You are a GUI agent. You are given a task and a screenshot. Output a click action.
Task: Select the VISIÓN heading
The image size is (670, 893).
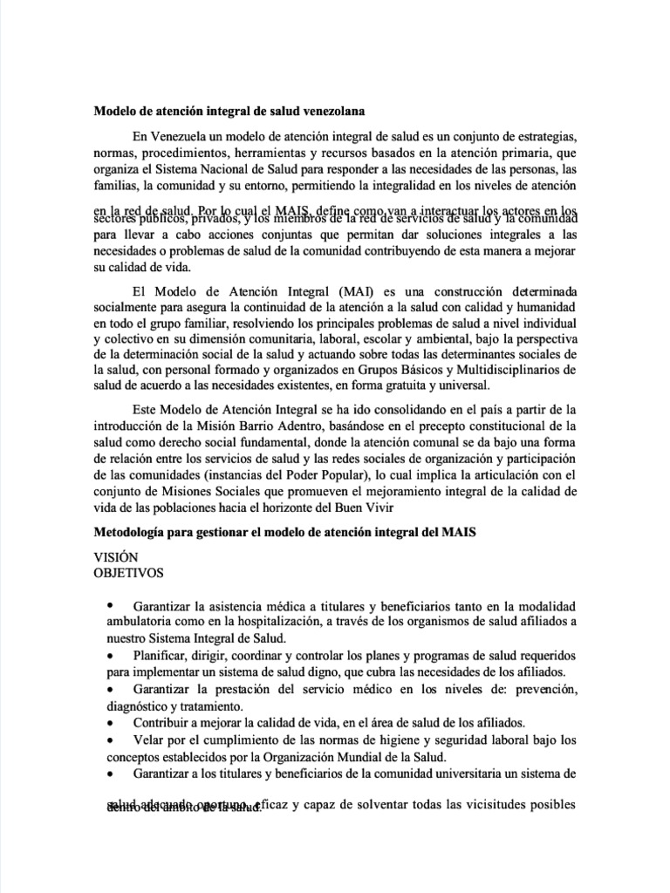click(x=115, y=557)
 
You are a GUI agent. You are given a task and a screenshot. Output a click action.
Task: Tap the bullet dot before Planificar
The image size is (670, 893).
click(x=109, y=654)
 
